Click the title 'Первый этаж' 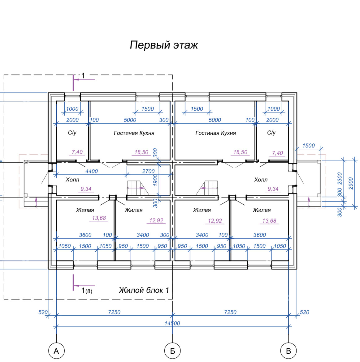(164, 45)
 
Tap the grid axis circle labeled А (56, 351)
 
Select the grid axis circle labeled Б (172, 351)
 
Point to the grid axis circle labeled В (288, 351)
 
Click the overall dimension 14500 (172, 323)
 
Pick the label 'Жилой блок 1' (144, 290)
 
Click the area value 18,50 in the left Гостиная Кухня (141, 152)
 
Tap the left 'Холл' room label (72, 180)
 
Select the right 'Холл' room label (261, 180)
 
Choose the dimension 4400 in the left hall (92, 171)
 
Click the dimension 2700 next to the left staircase (148, 171)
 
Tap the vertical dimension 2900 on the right (351, 183)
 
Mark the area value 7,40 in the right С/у (277, 153)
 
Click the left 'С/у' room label (72, 133)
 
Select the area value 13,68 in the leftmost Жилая (99, 218)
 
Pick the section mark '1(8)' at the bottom (87, 291)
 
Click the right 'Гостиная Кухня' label (215, 133)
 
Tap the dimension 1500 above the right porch (308, 146)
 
